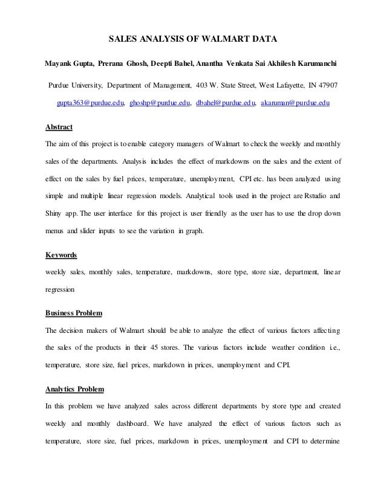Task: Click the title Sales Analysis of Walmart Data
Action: tap(192, 40)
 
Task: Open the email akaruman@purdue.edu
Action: tap(295, 104)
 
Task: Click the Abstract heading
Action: tap(59, 127)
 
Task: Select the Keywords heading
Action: tap(62, 255)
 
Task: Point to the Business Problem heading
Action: tap(74, 313)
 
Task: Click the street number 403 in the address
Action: tap(204, 84)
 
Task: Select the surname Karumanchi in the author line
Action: tap(315, 63)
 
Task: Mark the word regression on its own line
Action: tap(61, 290)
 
